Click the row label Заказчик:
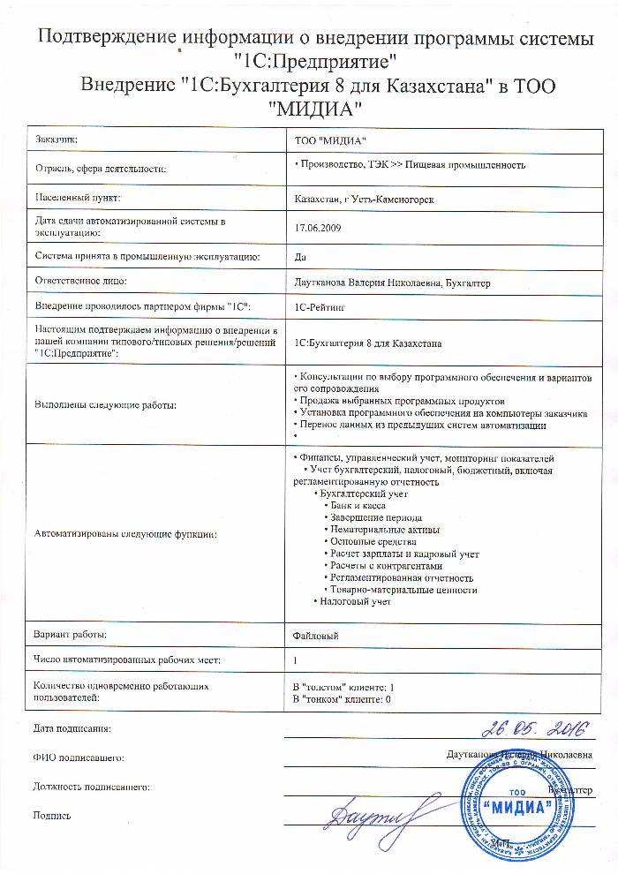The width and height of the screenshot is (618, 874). click(x=57, y=140)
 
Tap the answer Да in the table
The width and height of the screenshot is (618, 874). click(x=299, y=257)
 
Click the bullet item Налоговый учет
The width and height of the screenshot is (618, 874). click(x=356, y=602)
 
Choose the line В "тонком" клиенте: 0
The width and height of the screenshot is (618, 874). click(x=342, y=698)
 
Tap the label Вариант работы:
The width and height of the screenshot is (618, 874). click(x=70, y=635)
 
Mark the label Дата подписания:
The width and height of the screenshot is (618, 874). click(x=72, y=729)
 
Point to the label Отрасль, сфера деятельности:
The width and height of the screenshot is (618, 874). click(x=100, y=166)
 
